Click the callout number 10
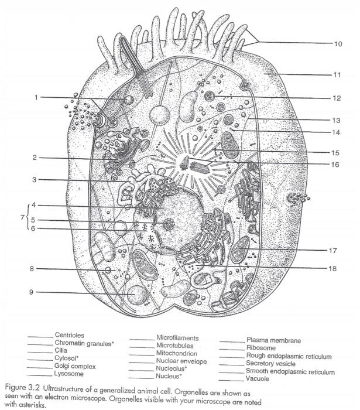point(338,44)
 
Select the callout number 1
point(36,97)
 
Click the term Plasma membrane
point(274,340)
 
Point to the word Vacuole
point(260,380)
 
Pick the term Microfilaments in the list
point(177,338)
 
